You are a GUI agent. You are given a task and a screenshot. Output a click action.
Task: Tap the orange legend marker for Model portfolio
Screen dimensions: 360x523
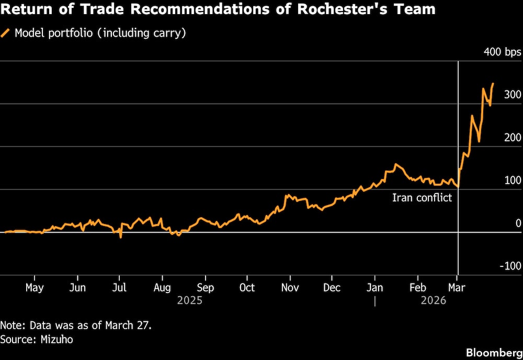pos(6,33)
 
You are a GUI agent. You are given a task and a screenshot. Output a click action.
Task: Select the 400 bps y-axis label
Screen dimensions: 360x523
pos(502,52)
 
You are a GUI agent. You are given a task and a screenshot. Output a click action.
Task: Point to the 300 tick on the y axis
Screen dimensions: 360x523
pos(513,95)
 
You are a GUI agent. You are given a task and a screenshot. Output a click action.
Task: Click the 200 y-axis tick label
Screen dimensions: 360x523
pos(513,138)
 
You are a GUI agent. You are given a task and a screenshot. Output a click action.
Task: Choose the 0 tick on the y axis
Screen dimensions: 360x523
pos(518,223)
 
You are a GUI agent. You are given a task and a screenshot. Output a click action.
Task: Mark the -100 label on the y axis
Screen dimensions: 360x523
pos(511,266)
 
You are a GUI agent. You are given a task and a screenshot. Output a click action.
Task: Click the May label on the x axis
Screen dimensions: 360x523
pos(35,288)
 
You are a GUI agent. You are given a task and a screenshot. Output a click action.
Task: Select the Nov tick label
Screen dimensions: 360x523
pos(290,288)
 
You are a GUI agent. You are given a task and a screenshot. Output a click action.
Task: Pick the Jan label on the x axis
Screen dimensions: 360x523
pos(374,288)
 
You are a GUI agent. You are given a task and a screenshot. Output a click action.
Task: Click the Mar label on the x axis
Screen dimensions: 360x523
pos(457,288)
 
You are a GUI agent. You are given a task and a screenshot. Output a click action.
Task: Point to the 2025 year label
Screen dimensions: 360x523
pos(189,301)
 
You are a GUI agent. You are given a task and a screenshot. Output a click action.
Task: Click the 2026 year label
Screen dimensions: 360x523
pos(434,301)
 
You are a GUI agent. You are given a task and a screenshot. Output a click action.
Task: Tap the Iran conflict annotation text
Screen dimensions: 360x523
pos(422,198)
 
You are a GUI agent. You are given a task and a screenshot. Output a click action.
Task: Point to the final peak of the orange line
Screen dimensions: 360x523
pos(493,84)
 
